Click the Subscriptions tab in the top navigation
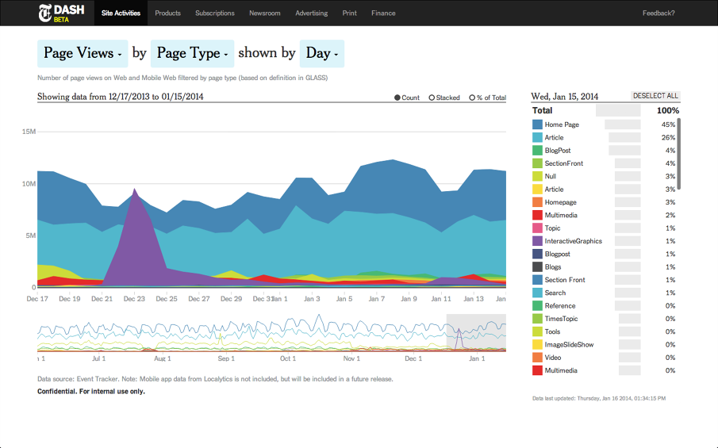[214, 13]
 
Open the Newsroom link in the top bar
[264, 13]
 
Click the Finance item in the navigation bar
[383, 13]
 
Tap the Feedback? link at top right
[658, 13]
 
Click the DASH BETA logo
[62, 13]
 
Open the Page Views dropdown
[83, 53]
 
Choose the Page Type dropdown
[192, 53]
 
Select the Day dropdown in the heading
[322, 53]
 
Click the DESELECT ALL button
[655, 96]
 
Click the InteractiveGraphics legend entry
[573, 241]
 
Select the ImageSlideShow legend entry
[569, 345]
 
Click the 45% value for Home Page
[668, 125]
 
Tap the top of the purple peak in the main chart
[135, 190]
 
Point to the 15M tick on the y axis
[28, 132]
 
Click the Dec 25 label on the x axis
[167, 299]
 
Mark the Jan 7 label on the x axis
[376, 299]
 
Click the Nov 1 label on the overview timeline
[351, 358]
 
